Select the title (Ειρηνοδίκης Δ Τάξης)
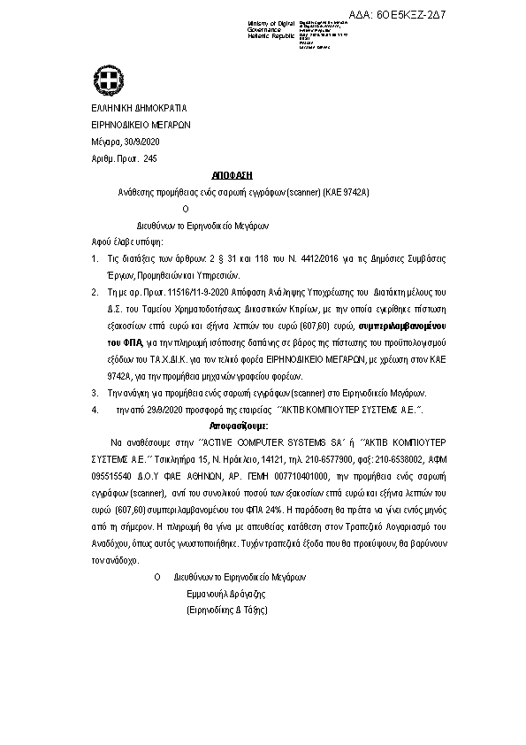pyautogui.click(x=226, y=611)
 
